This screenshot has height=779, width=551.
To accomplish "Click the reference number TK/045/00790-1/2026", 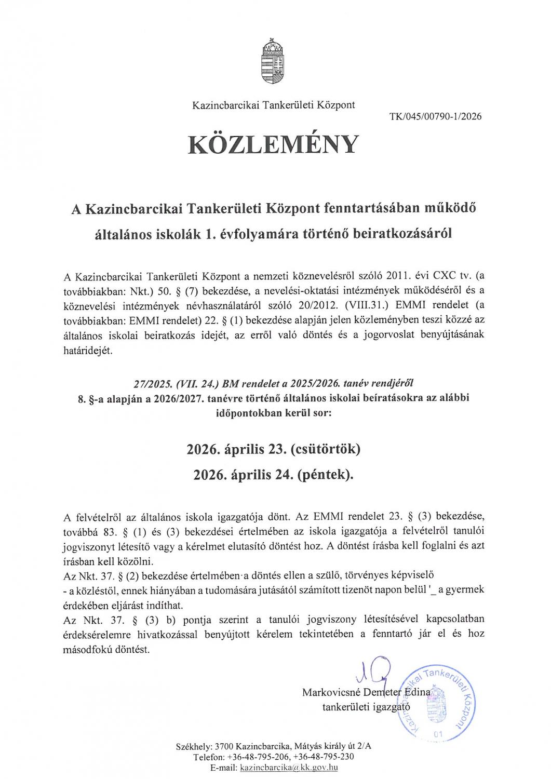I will pyautogui.click(x=435, y=116).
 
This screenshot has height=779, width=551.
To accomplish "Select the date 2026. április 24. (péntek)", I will pyautogui.click(x=273, y=474).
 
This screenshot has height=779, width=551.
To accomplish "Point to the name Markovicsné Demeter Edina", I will pyautogui.click(x=366, y=692).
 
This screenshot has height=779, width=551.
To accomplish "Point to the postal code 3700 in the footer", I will pyautogui.click(x=223, y=746).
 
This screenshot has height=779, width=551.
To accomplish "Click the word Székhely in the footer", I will pyautogui.click(x=193, y=746).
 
